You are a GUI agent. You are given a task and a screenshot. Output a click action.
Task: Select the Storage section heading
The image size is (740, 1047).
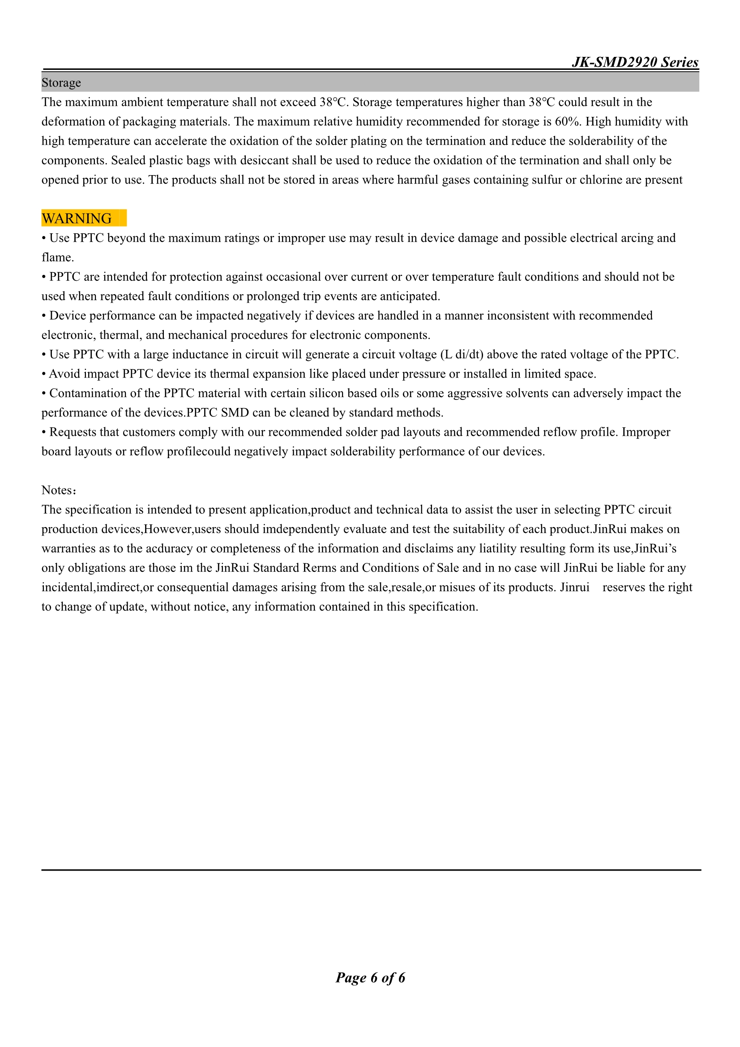click(61, 82)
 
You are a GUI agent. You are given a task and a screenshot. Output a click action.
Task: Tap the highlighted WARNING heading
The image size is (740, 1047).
click(77, 219)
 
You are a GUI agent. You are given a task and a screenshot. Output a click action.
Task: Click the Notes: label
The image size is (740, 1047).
click(59, 490)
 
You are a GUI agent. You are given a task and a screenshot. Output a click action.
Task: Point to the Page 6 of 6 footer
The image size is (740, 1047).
click(370, 977)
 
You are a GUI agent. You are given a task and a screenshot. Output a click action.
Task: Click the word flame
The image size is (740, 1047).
click(57, 257)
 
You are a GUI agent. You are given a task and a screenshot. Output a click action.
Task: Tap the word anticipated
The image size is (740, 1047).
click(410, 296)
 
